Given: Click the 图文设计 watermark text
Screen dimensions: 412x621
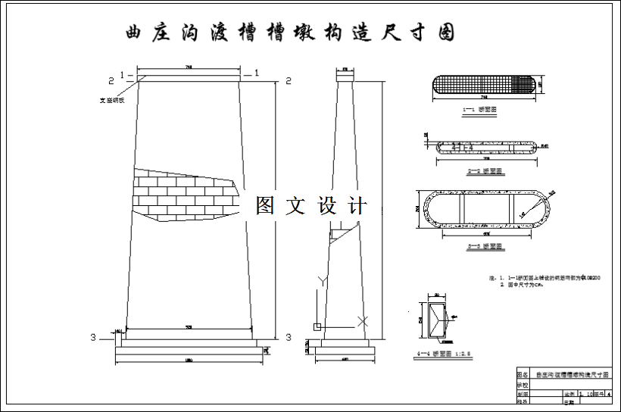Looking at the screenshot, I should tap(311, 205).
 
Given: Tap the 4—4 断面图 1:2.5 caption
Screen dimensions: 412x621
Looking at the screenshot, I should tap(438, 352).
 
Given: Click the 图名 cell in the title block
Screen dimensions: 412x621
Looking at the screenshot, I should tap(522, 375).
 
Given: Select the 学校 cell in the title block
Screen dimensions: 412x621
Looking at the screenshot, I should tap(522, 385).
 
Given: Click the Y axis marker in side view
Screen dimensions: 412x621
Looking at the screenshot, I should tap(320, 281).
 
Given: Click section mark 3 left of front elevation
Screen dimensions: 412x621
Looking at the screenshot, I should tap(93, 337).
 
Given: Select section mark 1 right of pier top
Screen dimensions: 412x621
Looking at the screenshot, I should tap(257, 73).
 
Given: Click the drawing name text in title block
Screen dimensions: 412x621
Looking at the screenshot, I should tap(573, 375).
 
